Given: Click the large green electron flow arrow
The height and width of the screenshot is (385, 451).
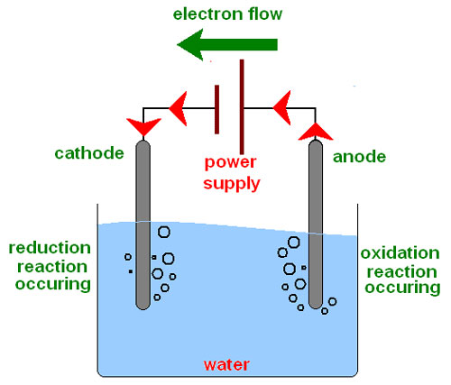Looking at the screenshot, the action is (227, 45).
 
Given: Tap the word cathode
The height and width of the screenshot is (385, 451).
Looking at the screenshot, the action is (89, 153).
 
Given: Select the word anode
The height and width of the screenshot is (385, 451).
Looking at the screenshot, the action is (359, 157).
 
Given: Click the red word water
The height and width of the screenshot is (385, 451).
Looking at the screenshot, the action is (226, 364).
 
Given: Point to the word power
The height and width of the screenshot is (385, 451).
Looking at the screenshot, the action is (230, 162).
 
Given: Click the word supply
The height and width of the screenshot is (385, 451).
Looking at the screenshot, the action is (232, 183).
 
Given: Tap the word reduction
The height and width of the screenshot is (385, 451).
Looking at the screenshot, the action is (50, 248).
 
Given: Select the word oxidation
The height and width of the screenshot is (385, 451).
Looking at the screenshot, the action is (400, 253).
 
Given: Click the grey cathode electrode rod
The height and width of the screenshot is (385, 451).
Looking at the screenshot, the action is (143, 225).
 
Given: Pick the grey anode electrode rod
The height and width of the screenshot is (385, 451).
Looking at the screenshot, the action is (316, 225).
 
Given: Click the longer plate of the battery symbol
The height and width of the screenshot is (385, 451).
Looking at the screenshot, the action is (242, 106).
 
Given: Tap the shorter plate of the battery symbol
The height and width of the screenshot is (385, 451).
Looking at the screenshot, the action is (216, 109).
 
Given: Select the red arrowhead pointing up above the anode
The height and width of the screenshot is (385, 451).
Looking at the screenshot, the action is (316, 133).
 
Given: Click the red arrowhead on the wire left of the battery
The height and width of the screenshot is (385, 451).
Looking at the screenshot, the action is (179, 108).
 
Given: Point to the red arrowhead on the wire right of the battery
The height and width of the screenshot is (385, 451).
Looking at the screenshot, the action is (283, 107).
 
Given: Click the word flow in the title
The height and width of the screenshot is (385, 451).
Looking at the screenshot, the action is (265, 14).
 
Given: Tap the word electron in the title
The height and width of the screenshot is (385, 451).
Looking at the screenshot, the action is (208, 14).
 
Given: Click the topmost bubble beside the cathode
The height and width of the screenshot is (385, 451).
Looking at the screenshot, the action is (164, 232).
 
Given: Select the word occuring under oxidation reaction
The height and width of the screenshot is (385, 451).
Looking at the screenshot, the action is (402, 288).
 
